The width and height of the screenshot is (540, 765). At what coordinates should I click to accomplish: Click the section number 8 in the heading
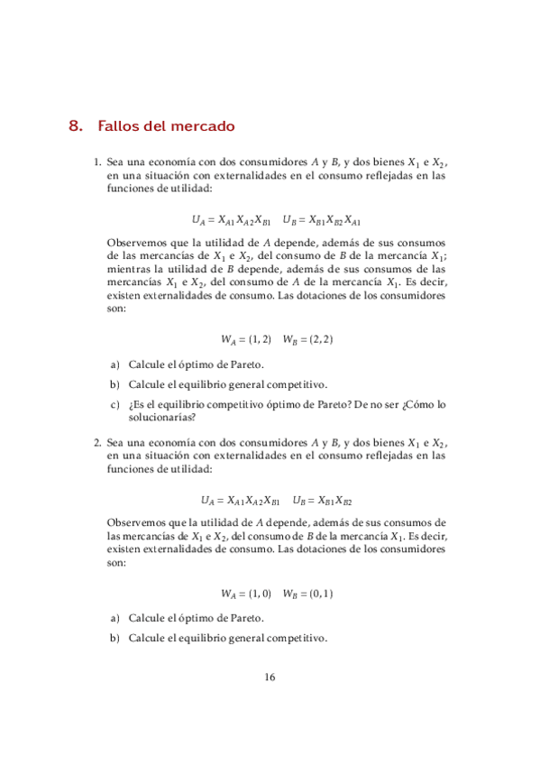click(75, 126)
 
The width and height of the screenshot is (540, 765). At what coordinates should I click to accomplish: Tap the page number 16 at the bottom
click(270, 677)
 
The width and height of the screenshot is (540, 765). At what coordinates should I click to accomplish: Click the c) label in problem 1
click(115, 405)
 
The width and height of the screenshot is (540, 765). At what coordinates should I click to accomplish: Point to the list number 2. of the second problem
click(98, 443)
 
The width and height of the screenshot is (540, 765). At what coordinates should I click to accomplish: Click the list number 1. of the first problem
click(98, 162)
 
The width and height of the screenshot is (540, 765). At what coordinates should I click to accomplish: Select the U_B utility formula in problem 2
click(323, 499)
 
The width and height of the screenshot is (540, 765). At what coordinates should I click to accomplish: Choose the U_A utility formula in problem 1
click(231, 219)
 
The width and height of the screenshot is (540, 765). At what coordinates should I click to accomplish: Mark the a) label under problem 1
click(115, 364)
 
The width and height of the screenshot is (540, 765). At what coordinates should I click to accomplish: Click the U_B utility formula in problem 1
click(322, 219)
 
